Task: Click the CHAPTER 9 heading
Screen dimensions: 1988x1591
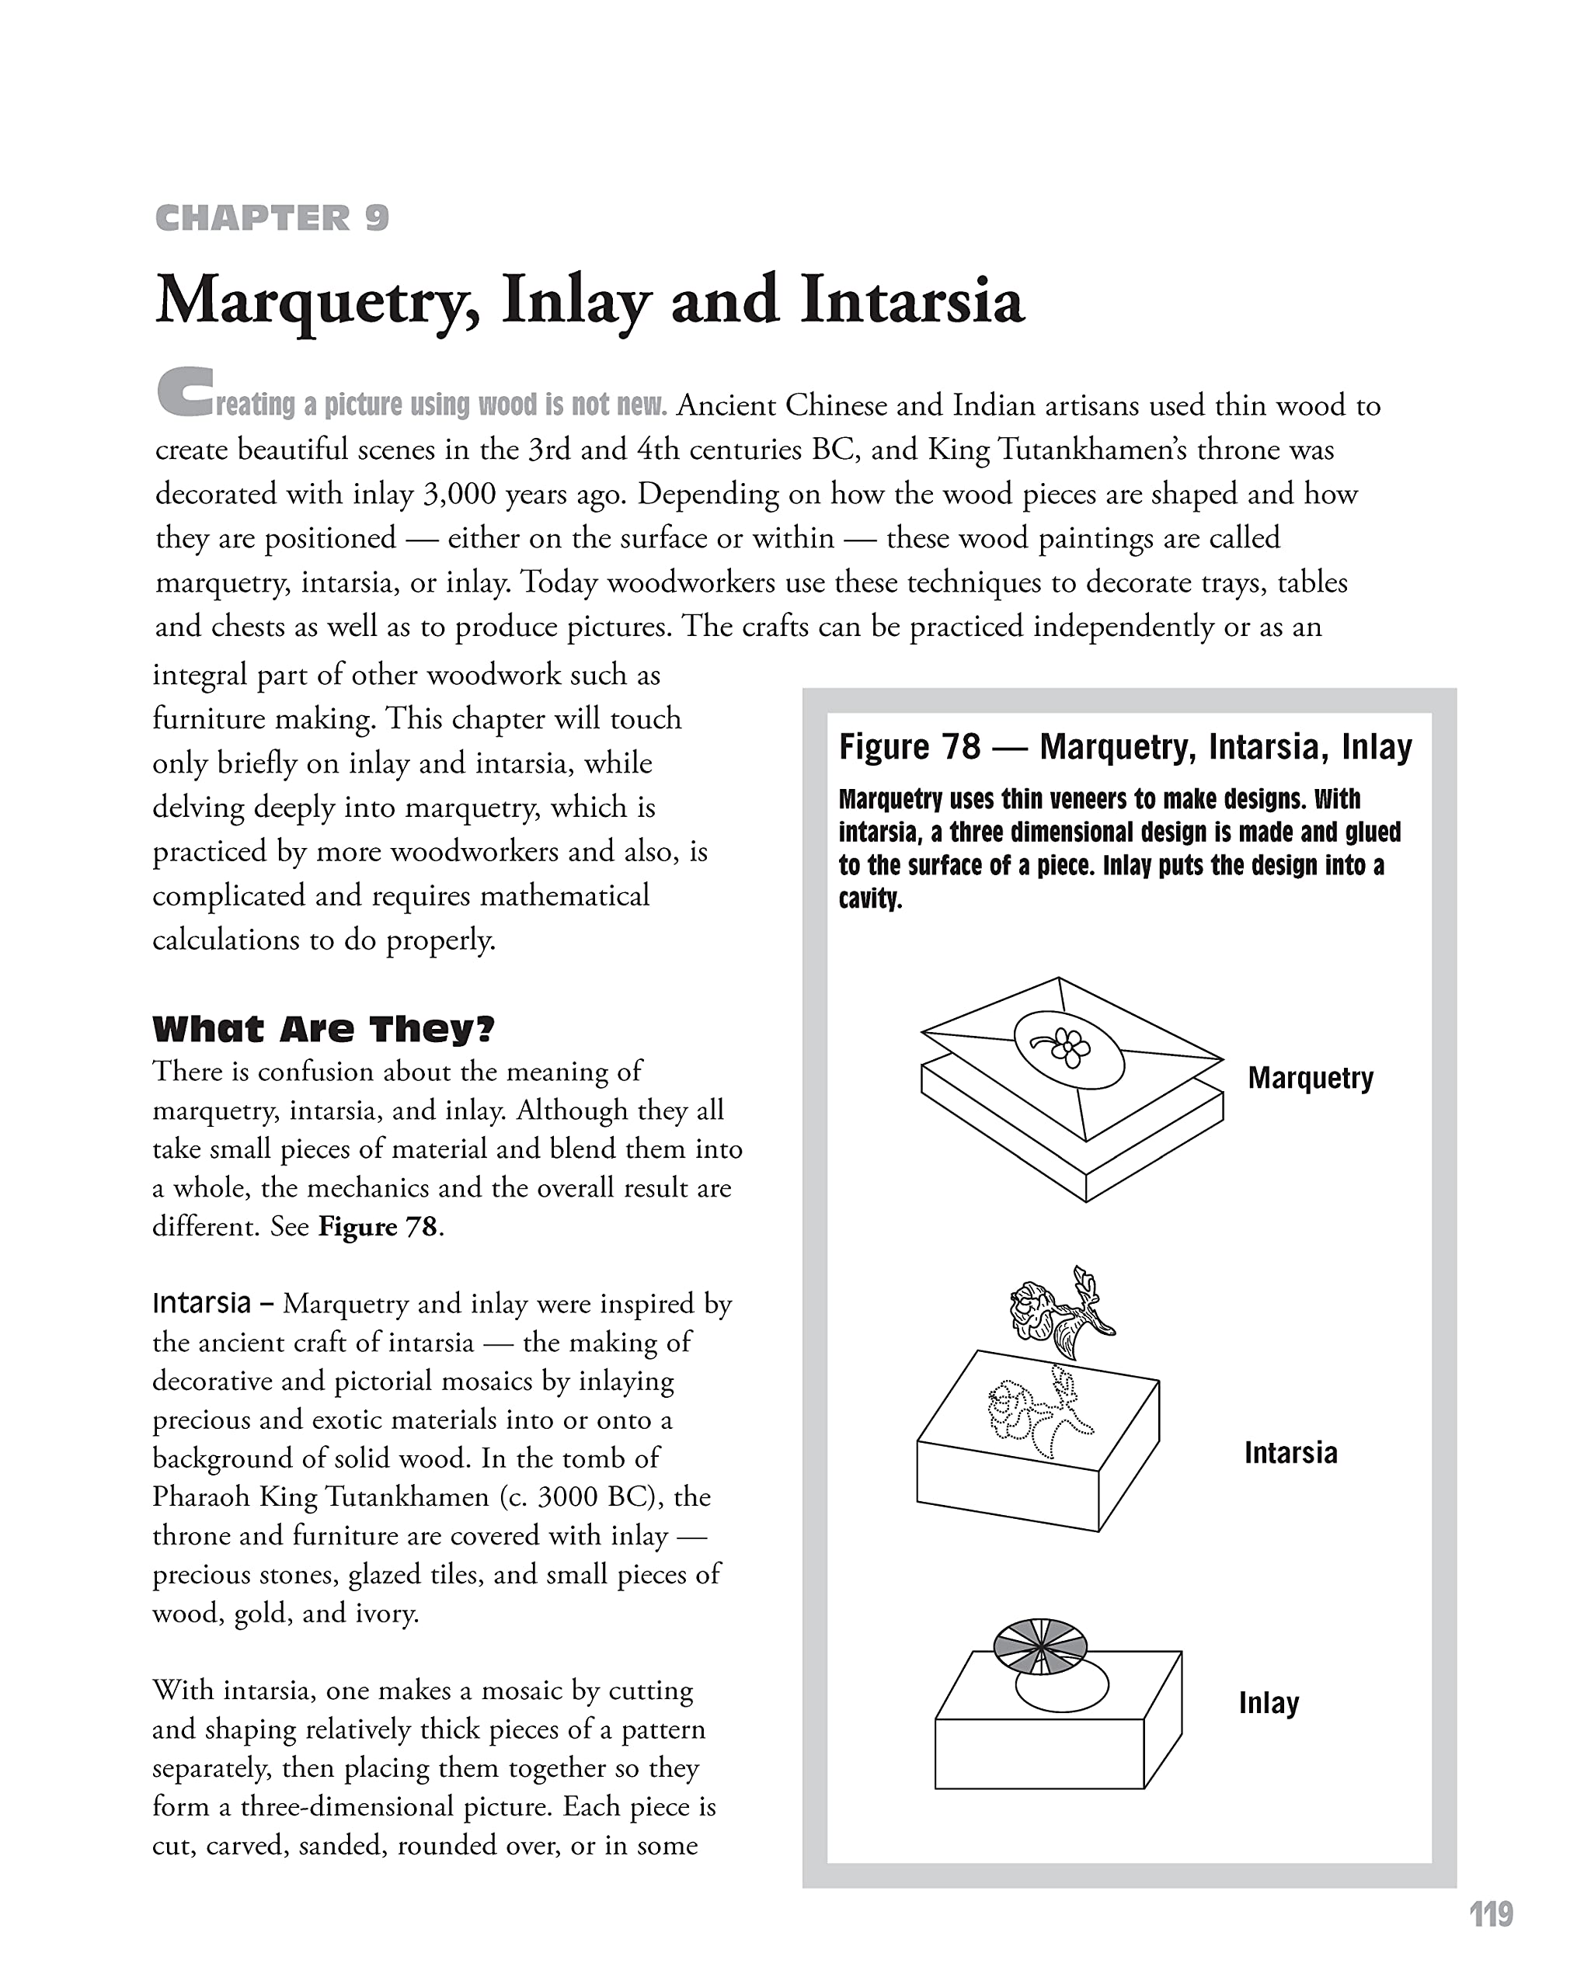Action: [x=272, y=218]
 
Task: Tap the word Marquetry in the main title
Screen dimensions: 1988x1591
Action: [x=316, y=301]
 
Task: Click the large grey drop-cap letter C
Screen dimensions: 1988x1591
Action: [x=184, y=392]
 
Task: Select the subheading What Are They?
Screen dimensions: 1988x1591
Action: [x=323, y=1028]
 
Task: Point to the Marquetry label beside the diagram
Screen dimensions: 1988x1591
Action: [x=1310, y=1077]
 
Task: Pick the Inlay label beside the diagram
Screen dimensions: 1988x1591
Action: [x=1268, y=1702]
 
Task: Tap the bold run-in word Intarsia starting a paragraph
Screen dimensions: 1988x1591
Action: [x=201, y=1303]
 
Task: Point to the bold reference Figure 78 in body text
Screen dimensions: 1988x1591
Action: [x=378, y=1226]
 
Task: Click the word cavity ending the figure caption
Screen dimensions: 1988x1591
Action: [x=868, y=898]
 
